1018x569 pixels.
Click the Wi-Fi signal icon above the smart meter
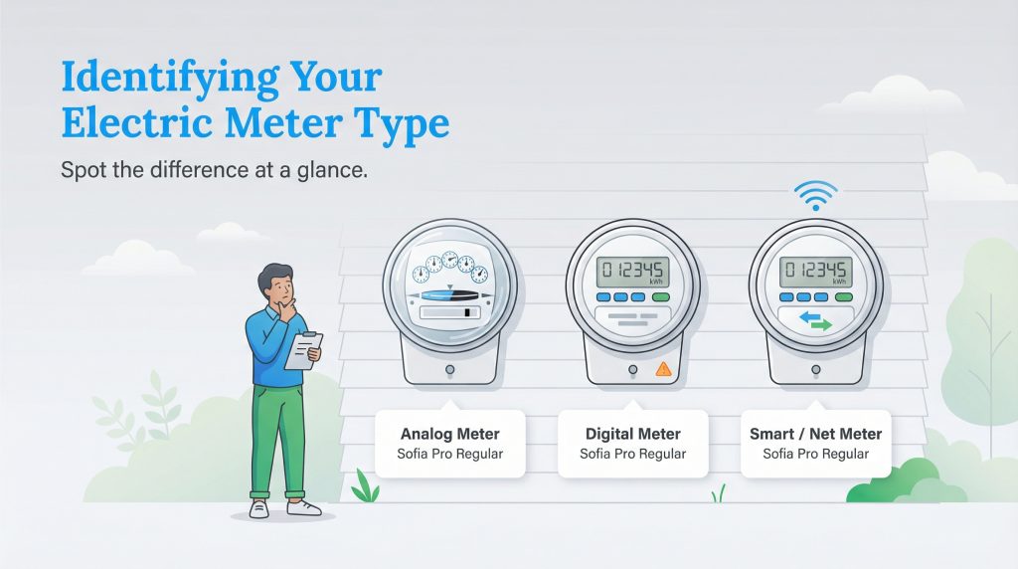coord(815,198)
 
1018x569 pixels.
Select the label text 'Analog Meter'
coord(449,434)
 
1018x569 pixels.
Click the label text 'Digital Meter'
coord(632,434)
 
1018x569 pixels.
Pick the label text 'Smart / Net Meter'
coord(815,434)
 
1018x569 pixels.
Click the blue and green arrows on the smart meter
coord(816,320)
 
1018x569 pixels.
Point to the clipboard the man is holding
coord(304,349)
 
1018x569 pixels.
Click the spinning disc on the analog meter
coord(450,295)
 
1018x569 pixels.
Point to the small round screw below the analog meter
coord(450,369)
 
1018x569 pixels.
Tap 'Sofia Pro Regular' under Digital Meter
coord(632,455)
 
